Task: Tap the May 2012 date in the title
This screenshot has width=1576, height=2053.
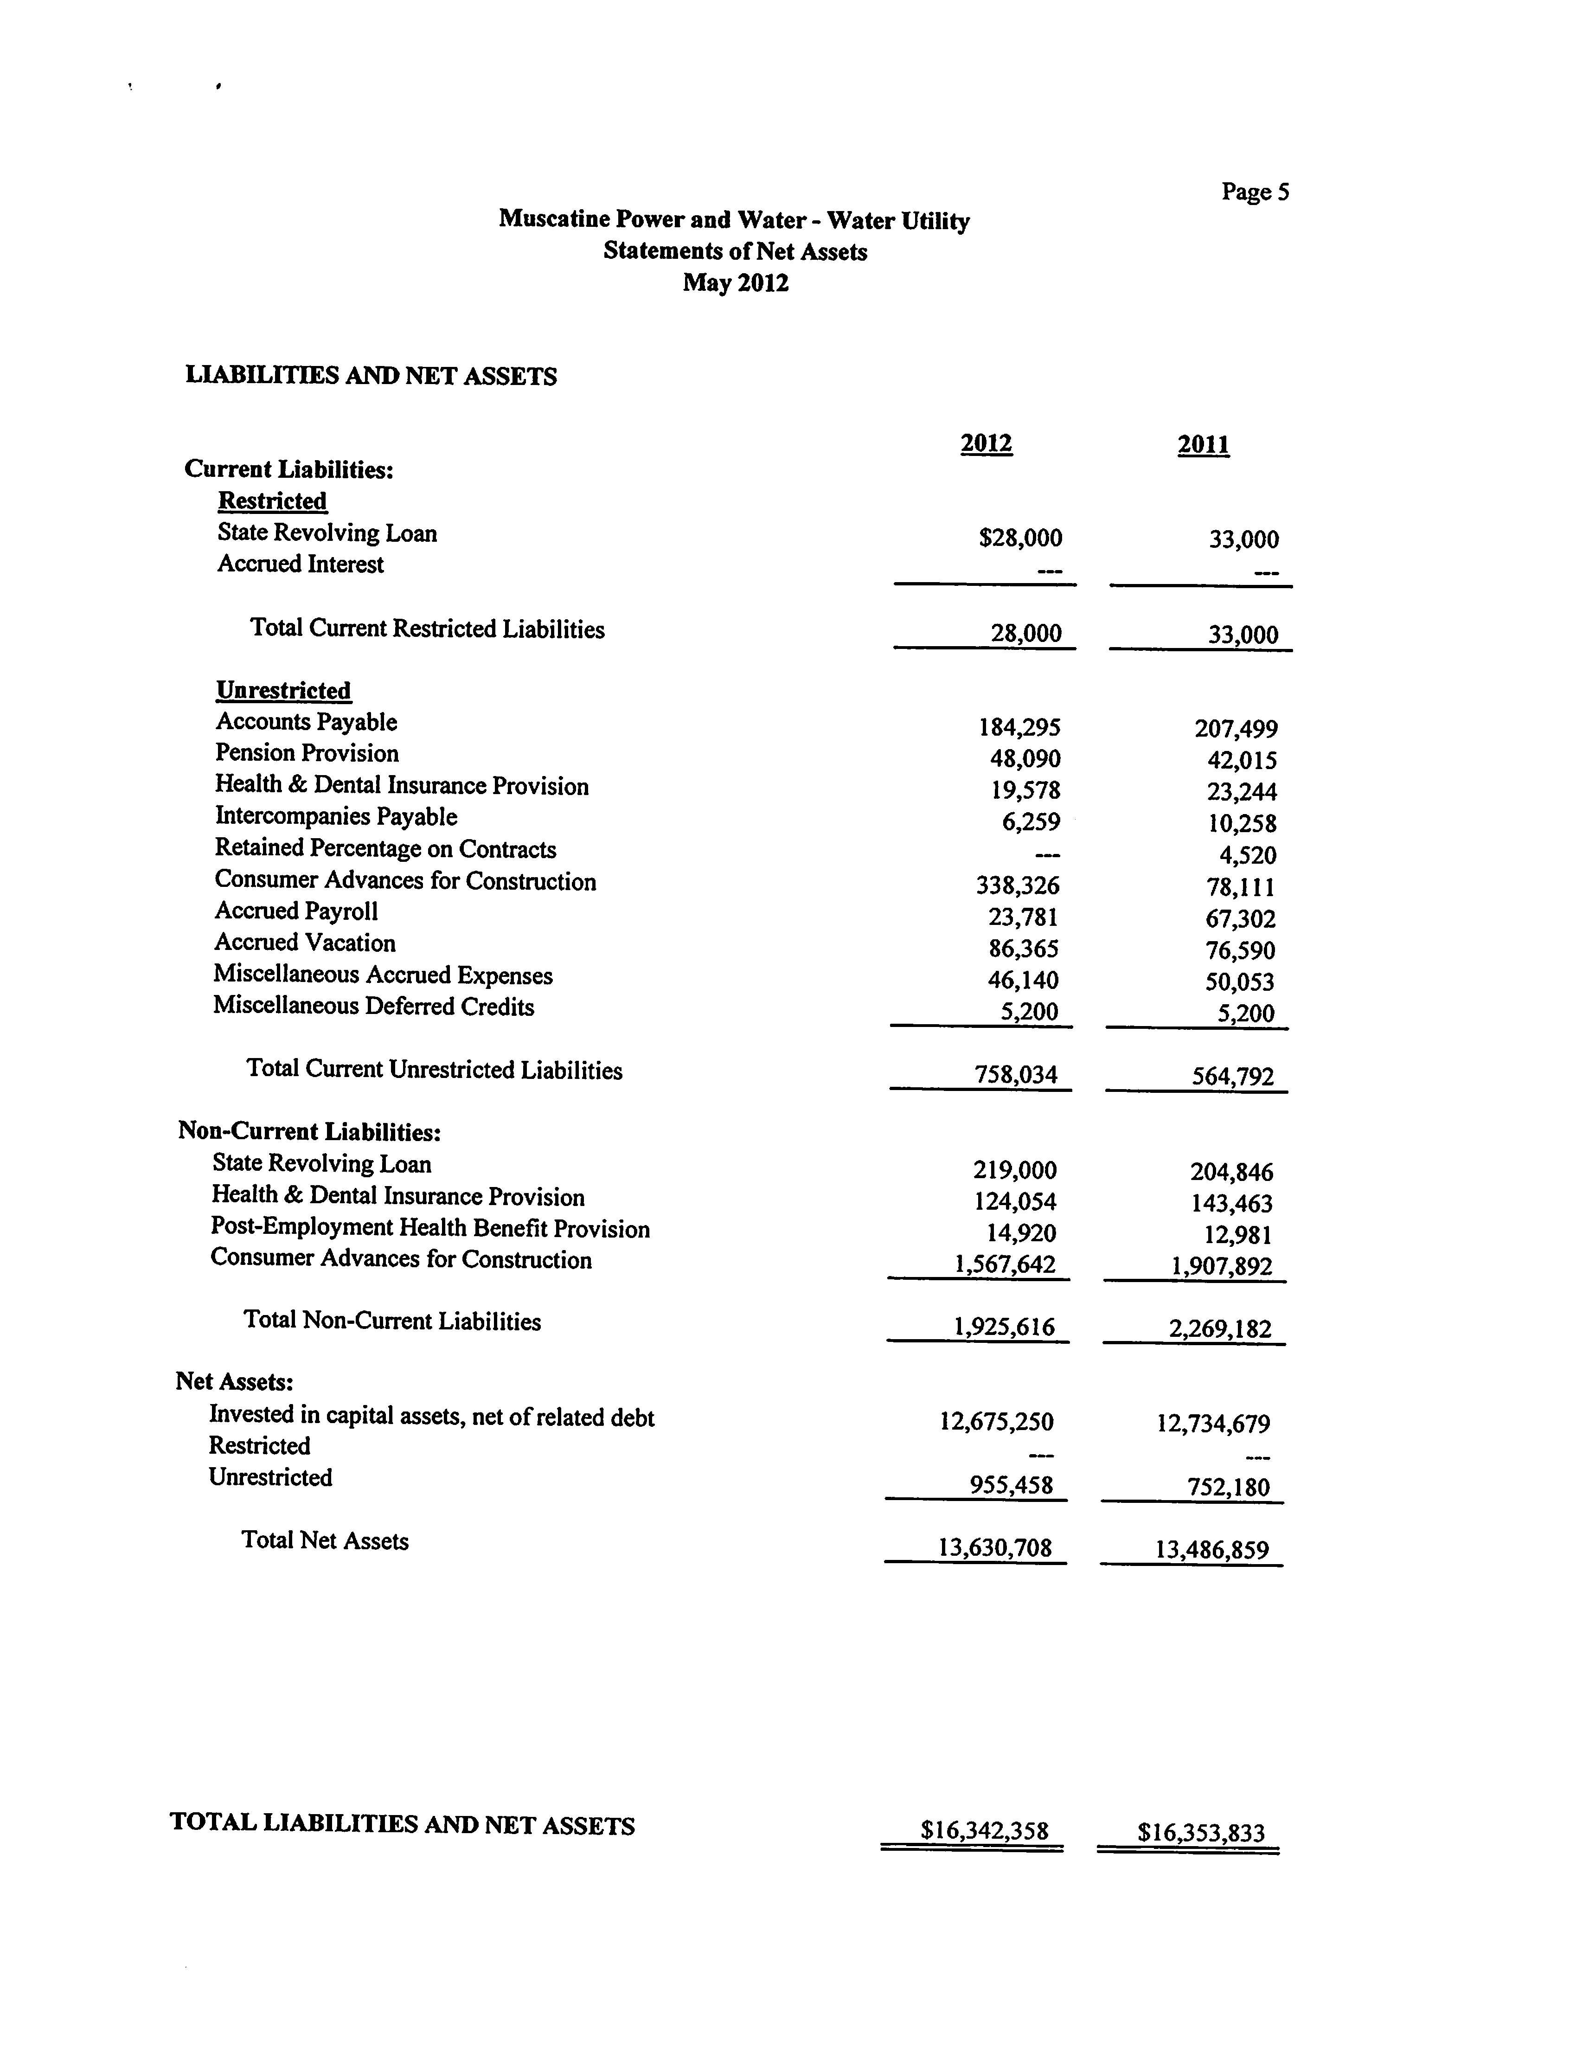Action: click(x=736, y=282)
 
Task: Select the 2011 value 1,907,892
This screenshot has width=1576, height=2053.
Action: click(x=1221, y=1267)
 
